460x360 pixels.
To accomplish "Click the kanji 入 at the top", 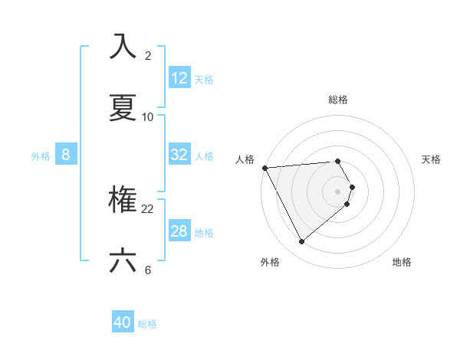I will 123,47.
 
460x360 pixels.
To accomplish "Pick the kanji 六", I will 123,260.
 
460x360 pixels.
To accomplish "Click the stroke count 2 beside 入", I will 148,56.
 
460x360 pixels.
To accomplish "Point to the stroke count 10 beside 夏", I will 148,116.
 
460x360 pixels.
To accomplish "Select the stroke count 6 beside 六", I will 148,270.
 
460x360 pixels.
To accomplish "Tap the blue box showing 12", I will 179,78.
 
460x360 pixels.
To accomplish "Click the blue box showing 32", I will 179,155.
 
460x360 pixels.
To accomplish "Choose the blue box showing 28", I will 179,231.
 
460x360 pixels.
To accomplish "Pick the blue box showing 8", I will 66,155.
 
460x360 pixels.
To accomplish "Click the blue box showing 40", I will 123,322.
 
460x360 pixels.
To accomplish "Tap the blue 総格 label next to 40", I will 147,324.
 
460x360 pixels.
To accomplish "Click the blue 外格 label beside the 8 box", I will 41,156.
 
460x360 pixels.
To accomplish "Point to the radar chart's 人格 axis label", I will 245,159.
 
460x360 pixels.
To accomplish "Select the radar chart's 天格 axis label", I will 431,159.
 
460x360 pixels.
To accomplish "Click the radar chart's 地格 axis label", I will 402,262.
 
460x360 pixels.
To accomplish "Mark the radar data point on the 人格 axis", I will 264,168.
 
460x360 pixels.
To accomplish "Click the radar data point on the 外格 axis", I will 302,242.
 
